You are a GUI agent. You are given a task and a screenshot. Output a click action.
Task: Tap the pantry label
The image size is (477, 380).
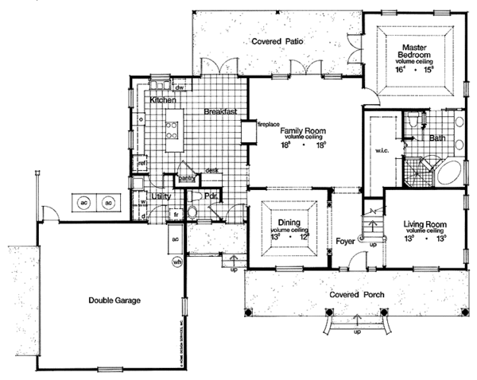pyautogui.click(x=188, y=178)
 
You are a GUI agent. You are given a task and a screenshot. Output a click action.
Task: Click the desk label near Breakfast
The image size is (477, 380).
pyautogui.click(x=211, y=170)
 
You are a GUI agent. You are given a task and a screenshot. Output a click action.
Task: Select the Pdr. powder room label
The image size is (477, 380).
pyautogui.click(x=212, y=196)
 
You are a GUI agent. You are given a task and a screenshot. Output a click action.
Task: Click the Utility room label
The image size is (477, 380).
pyautogui.click(x=162, y=195)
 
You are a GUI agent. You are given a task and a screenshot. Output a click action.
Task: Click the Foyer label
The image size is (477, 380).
pyautogui.click(x=345, y=239)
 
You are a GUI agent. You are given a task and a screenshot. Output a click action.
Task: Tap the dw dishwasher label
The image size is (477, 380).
pyautogui.click(x=180, y=87)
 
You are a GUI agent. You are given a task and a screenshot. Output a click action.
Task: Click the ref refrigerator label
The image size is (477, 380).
pyautogui.click(x=144, y=164)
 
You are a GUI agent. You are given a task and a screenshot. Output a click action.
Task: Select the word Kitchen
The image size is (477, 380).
pyautogui.click(x=162, y=102)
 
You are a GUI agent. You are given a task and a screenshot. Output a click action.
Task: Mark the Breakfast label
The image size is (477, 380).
pyautogui.click(x=220, y=112)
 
